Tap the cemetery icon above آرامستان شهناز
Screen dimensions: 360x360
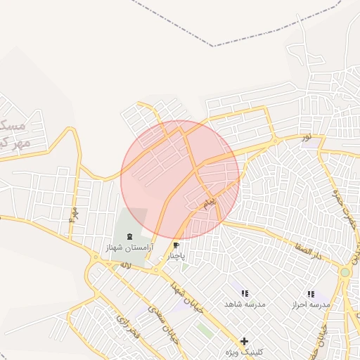pyautogui.click(x=130, y=236)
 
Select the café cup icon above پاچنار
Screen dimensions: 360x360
pyautogui.click(x=176, y=245)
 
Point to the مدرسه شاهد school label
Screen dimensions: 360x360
pyautogui.click(x=245, y=304)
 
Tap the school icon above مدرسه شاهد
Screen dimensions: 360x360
pyautogui.click(x=244, y=293)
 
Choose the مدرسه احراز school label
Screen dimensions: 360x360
pyautogui.click(x=311, y=305)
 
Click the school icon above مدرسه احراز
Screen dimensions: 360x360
pyautogui.click(x=311, y=294)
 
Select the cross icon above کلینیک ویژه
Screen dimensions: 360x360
pyautogui.click(x=244, y=340)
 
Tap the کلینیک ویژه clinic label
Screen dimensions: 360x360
pyautogui.click(x=244, y=352)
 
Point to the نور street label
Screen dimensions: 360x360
pyautogui.click(x=305, y=137)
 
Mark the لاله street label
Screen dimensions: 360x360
pyautogui.click(x=125, y=265)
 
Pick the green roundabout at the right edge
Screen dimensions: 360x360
pyautogui.click(x=345, y=272)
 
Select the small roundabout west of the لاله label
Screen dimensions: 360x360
pyautogui.click(x=96, y=257)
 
